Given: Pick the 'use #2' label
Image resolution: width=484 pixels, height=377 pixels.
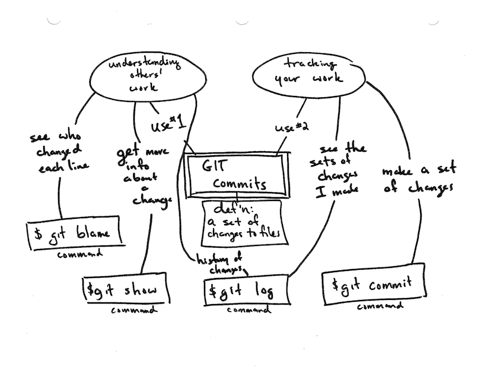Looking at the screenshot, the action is tap(291, 126).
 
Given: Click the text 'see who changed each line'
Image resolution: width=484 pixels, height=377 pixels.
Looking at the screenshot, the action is tap(59, 152).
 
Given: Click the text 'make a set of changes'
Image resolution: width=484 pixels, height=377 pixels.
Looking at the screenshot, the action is tap(419, 179).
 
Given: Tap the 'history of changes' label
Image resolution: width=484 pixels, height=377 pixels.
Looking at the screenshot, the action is tap(220, 265).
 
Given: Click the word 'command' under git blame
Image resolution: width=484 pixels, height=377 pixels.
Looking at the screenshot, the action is tap(79, 254).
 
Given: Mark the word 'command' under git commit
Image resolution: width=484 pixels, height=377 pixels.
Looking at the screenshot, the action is tap(380, 306).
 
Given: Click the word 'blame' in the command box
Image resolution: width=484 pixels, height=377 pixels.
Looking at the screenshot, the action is tap(93, 232).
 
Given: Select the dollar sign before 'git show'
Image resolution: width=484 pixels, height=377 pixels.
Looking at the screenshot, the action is tap(90, 289).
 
